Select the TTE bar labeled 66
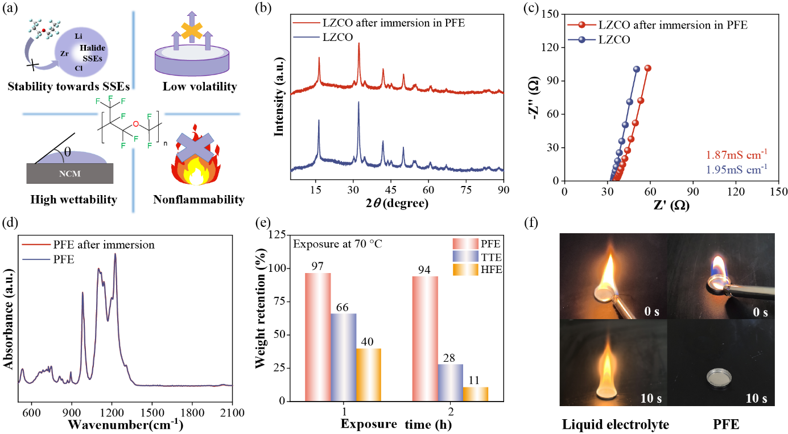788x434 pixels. point(344,357)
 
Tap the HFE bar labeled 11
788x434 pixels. point(476,394)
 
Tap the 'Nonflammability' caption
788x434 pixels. point(199,199)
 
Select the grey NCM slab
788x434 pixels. point(71,173)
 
